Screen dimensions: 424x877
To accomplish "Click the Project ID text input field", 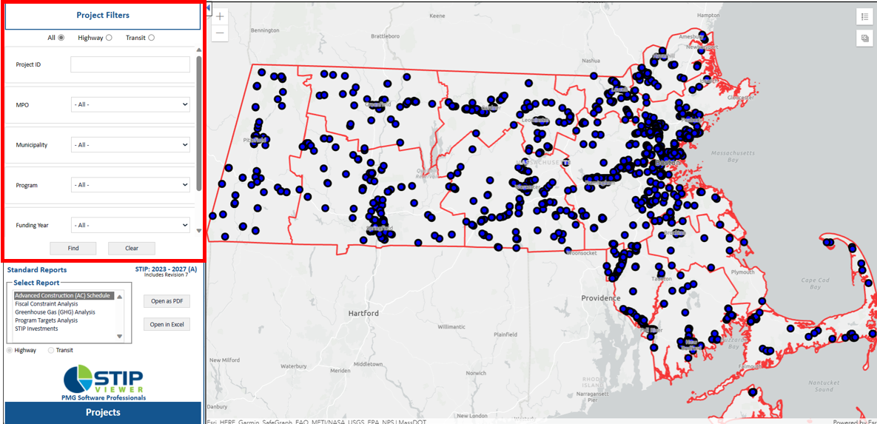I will click(130, 64).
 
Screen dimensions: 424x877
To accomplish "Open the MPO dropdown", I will click(130, 105).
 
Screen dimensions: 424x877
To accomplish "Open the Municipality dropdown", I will click(130, 145).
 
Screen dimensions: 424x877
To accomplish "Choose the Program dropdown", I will click(130, 185).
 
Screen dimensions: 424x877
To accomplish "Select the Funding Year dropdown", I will click(130, 225).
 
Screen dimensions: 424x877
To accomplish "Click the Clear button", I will click(131, 249).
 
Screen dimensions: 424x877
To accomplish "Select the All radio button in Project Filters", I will click(61, 38).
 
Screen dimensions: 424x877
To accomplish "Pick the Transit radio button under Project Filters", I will click(151, 38).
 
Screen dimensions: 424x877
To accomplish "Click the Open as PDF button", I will click(167, 301).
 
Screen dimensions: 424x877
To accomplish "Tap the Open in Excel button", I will click(167, 324).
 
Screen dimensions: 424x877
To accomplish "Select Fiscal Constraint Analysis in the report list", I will click(47, 304).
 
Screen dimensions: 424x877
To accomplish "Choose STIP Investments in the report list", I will click(37, 329).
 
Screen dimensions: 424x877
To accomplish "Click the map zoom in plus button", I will click(220, 16).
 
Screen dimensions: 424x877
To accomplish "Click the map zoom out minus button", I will click(220, 33).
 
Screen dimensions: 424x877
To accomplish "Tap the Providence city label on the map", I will click(600, 298).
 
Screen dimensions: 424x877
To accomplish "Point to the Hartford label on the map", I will click(363, 313).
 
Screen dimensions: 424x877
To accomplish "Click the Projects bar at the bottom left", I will click(103, 412).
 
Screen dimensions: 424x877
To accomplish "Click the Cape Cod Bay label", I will click(815, 283).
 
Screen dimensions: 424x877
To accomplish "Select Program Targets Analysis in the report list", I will click(46, 320).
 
